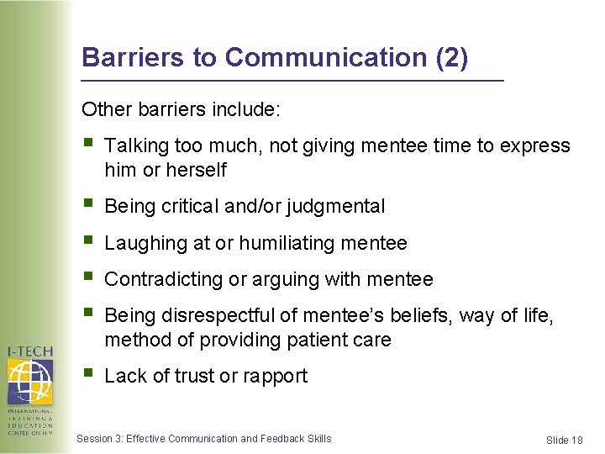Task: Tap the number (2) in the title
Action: [452, 57]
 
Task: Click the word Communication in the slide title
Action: [327, 57]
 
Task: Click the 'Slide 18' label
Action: [564, 440]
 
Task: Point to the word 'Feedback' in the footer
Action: [283, 438]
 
